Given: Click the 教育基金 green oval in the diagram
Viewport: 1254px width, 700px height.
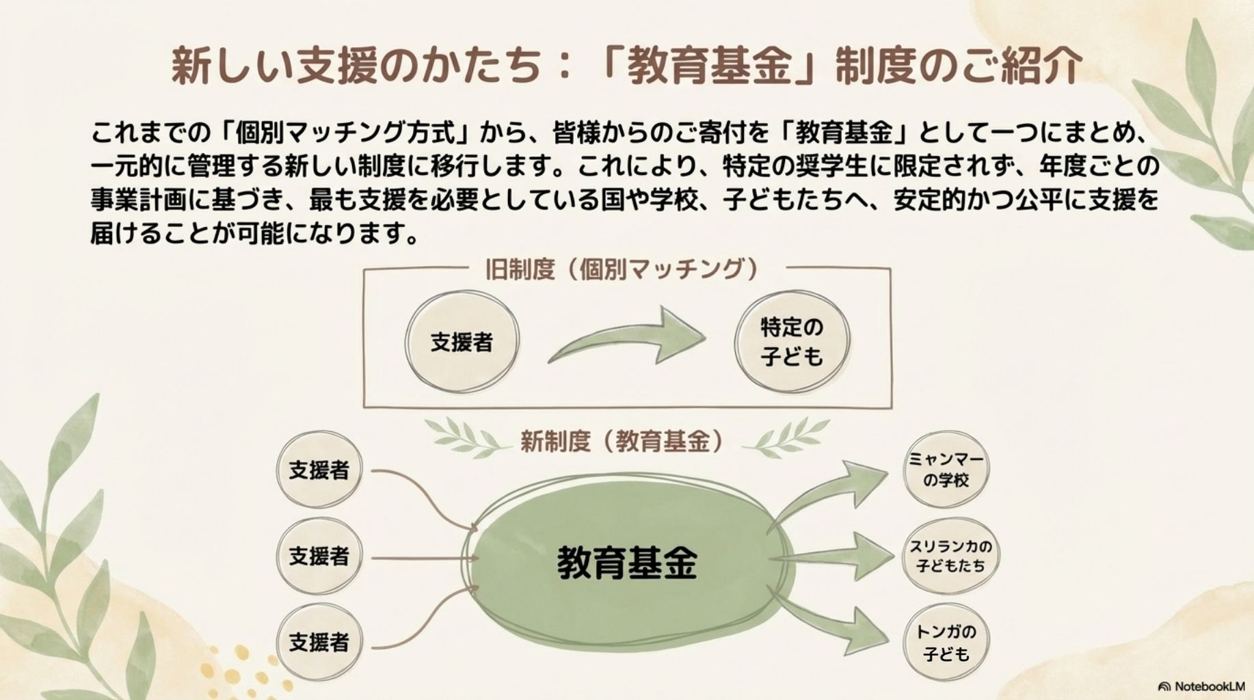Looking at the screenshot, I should tap(628, 562).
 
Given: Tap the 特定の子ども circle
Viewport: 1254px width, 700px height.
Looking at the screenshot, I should tap(792, 342).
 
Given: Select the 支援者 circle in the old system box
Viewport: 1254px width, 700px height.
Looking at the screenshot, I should tap(462, 342).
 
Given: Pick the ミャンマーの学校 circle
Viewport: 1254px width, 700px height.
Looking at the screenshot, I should tap(946, 470).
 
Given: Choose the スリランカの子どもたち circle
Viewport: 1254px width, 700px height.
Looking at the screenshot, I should tap(950, 556).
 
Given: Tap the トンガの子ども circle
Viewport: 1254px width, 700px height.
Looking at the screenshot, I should tap(946, 643).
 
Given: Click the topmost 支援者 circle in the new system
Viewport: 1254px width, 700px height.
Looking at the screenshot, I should tap(319, 470).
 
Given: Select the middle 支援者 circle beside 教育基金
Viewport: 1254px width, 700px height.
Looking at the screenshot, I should tap(319, 556).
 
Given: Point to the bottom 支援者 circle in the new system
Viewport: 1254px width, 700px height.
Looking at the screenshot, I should tap(319, 643).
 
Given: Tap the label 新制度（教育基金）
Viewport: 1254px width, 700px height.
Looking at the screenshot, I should tap(622, 442).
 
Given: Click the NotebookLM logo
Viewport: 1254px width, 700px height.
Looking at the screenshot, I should tap(1201, 686).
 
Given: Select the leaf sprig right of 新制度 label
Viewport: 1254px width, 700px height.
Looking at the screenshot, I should tap(786, 437).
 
